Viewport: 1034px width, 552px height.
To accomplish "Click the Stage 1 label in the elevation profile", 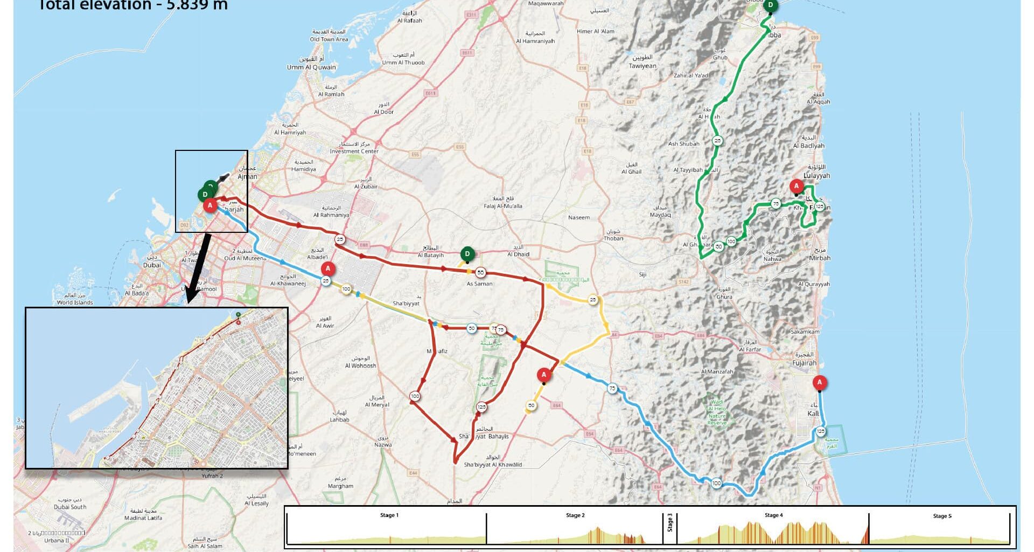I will pos(389,515).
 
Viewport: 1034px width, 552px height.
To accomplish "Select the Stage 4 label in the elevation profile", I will pos(773,515).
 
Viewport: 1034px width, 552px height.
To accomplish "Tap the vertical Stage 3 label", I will pos(670,523).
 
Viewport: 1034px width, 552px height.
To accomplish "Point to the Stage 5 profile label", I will pos(942,516).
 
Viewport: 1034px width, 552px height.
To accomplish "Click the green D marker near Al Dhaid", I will pos(467,253).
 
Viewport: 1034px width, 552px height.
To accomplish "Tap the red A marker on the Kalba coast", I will pos(819,383).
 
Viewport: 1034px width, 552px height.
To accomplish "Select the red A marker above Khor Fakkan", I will pos(796,187).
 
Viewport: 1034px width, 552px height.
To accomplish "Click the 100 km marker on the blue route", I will pos(716,483).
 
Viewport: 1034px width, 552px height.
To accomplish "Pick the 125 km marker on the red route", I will pos(481,407).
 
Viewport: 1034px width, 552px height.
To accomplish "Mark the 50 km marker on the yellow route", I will pos(531,406).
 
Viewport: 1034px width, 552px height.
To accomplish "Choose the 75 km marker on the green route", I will pos(775,203).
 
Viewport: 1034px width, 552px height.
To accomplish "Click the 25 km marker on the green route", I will pos(717,141).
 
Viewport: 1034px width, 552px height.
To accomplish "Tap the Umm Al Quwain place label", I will pos(311,67).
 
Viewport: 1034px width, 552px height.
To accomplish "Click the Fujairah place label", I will pos(804,363).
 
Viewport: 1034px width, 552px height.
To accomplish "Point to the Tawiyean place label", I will pos(642,66).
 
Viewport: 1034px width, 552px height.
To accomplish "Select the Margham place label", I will pos(340,486).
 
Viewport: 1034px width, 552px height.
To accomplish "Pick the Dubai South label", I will pos(70,507).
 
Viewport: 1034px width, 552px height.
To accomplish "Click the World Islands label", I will pos(75,302).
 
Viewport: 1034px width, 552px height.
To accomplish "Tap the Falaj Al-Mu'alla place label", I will pos(502,206).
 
